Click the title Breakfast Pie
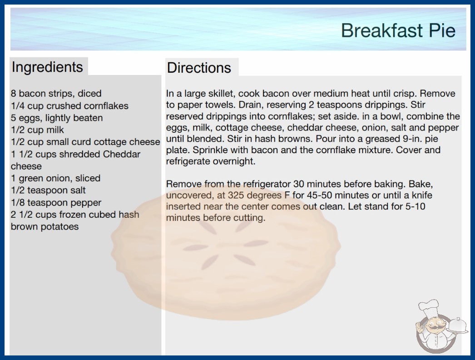point(398,30)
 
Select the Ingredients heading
point(47,67)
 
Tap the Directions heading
point(199,68)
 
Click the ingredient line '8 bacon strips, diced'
point(56,94)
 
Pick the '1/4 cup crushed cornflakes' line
point(69,105)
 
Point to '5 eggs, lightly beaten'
point(57,118)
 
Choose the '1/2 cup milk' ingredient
point(37,130)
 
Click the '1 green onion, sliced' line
point(55,178)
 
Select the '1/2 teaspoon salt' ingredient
point(48,190)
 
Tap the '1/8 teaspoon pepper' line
point(56,202)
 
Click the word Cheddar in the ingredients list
point(122,154)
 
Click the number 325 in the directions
point(236,195)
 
